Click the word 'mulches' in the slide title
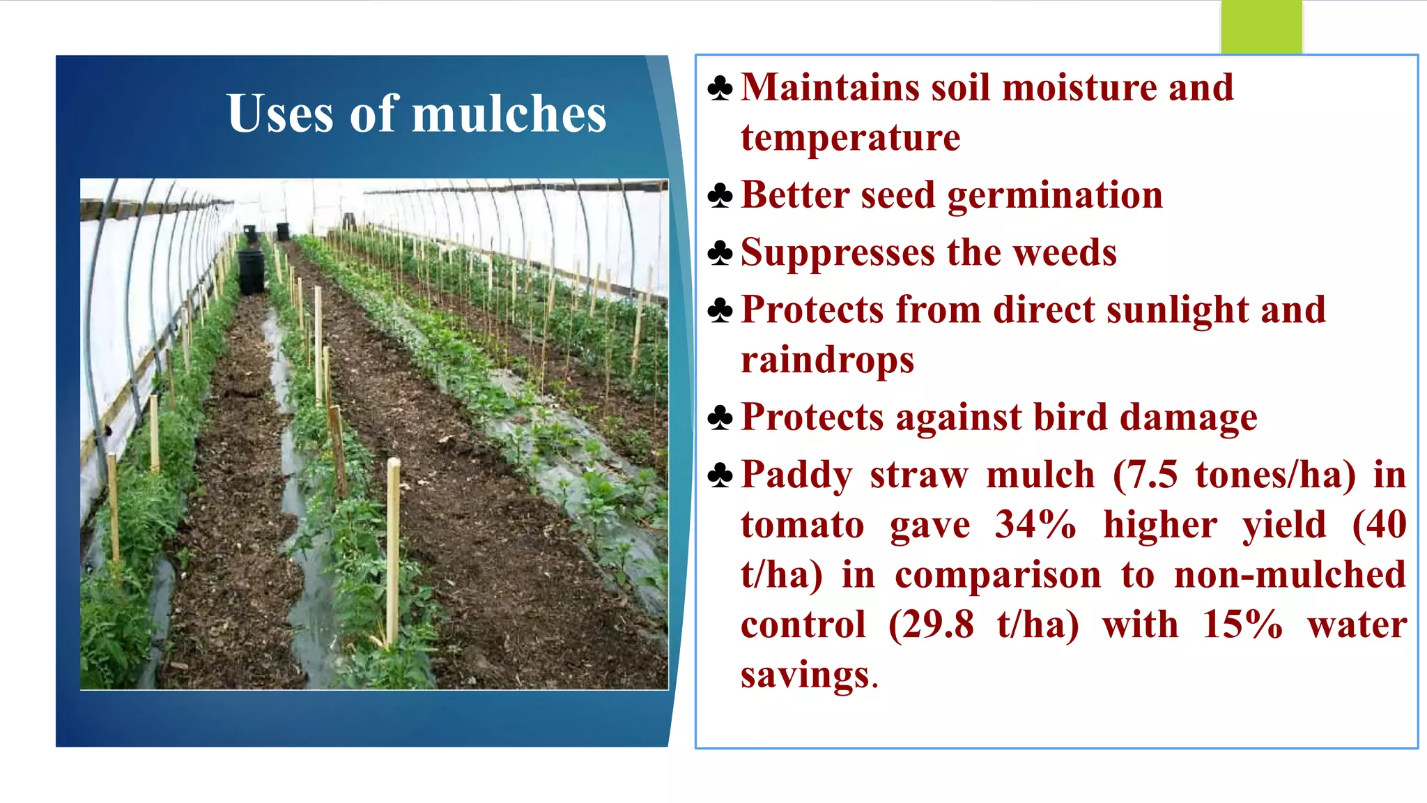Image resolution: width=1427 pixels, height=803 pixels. [509, 114]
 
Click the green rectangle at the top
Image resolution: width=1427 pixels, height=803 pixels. [1261, 26]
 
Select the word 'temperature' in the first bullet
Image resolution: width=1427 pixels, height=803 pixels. [850, 138]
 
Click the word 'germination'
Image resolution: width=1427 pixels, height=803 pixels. [1055, 195]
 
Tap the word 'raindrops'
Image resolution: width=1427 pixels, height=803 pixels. [827, 360]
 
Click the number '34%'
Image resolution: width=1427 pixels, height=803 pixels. [1035, 525]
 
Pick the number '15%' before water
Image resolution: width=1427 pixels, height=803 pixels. [1242, 625]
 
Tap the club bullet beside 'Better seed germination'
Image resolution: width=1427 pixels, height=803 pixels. [720, 197]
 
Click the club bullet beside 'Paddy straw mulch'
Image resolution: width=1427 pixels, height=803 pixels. [720, 476]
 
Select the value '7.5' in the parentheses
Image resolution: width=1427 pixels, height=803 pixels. [1152, 475]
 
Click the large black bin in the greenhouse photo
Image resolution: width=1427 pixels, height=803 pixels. [251, 272]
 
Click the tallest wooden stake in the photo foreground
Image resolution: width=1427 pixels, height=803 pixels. [394, 551]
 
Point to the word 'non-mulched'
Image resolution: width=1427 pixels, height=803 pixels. [1290, 575]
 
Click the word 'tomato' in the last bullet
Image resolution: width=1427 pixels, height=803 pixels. [802, 525]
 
